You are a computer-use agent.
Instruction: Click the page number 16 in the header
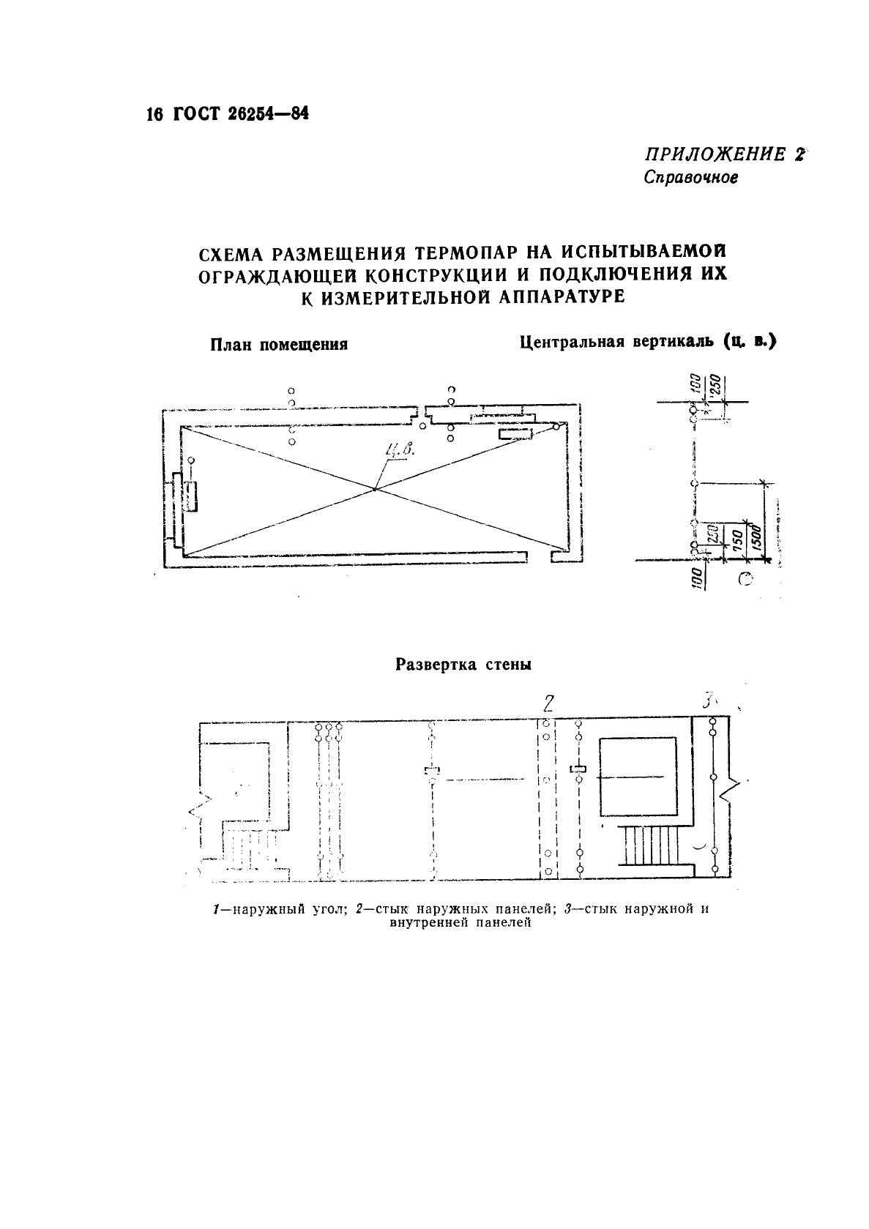(152, 114)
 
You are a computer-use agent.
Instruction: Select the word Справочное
(690, 178)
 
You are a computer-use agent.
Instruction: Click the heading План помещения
(278, 344)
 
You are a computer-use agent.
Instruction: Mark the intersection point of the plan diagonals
(375, 488)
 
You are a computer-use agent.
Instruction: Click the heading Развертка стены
(463, 665)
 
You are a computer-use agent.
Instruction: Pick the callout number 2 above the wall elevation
(547, 704)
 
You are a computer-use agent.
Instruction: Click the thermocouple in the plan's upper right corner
(557, 426)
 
